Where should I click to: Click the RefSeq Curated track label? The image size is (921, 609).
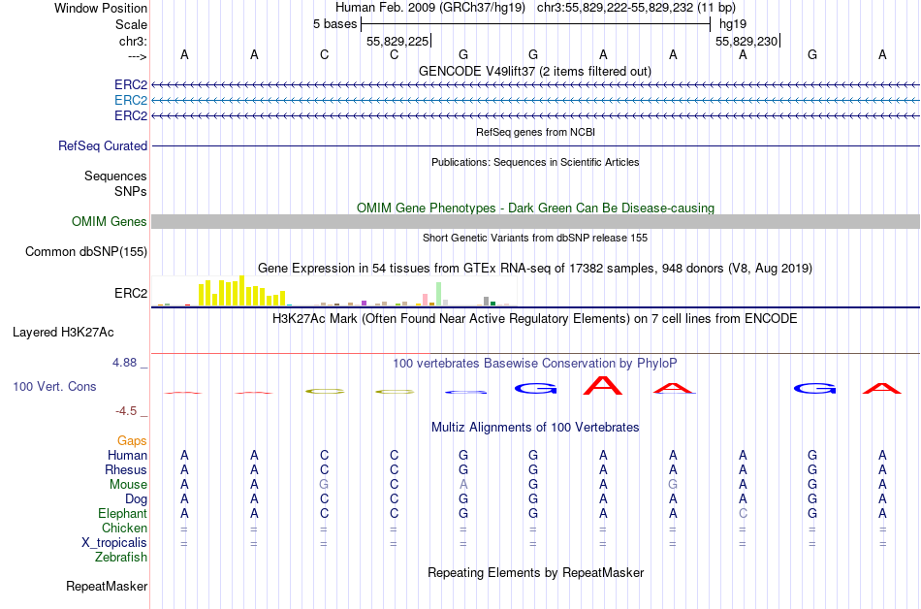tap(103, 146)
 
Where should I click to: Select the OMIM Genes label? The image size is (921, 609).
tap(110, 222)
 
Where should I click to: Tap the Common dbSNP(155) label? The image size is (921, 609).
tap(86, 252)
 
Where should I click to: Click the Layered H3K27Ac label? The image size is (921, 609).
tap(63, 332)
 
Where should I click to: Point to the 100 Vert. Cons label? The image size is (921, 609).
tap(54, 386)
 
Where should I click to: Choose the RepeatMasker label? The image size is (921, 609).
tap(107, 587)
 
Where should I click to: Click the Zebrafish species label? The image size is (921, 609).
tap(121, 558)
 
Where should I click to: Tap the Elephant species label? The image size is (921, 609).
tap(123, 513)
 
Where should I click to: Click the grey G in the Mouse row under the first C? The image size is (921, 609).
tap(324, 484)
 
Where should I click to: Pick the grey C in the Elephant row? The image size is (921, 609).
tap(743, 513)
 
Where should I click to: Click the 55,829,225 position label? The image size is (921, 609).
tap(397, 41)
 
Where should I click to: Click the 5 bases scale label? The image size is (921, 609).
tap(334, 23)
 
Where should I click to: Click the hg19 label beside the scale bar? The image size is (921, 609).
tap(732, 23)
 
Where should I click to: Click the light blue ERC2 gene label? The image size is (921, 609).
tap(131, 100)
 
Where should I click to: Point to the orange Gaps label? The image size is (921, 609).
tap(132, 440)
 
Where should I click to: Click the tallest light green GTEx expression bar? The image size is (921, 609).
tap(439, 294)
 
